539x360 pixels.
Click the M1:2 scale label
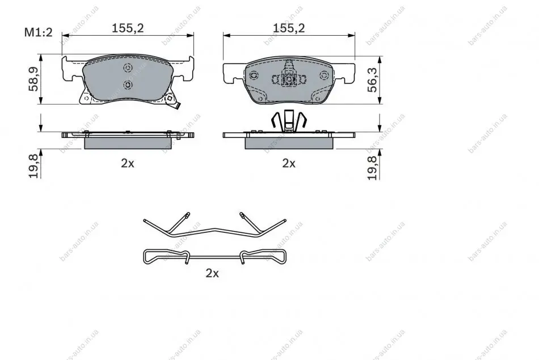point(38,32)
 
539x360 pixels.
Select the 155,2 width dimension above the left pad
point(128,28)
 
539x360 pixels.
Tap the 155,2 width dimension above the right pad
point(289,28)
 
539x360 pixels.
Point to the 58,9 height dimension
point(33,79)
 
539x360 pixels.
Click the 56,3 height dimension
point(372,80)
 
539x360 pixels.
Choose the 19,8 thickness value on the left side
point(33,166)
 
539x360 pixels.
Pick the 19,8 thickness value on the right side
point(372,168)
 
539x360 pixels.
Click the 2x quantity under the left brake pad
point(128,163)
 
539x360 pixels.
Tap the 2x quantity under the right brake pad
point(289,163)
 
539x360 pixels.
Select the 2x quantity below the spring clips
point(212,273)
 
